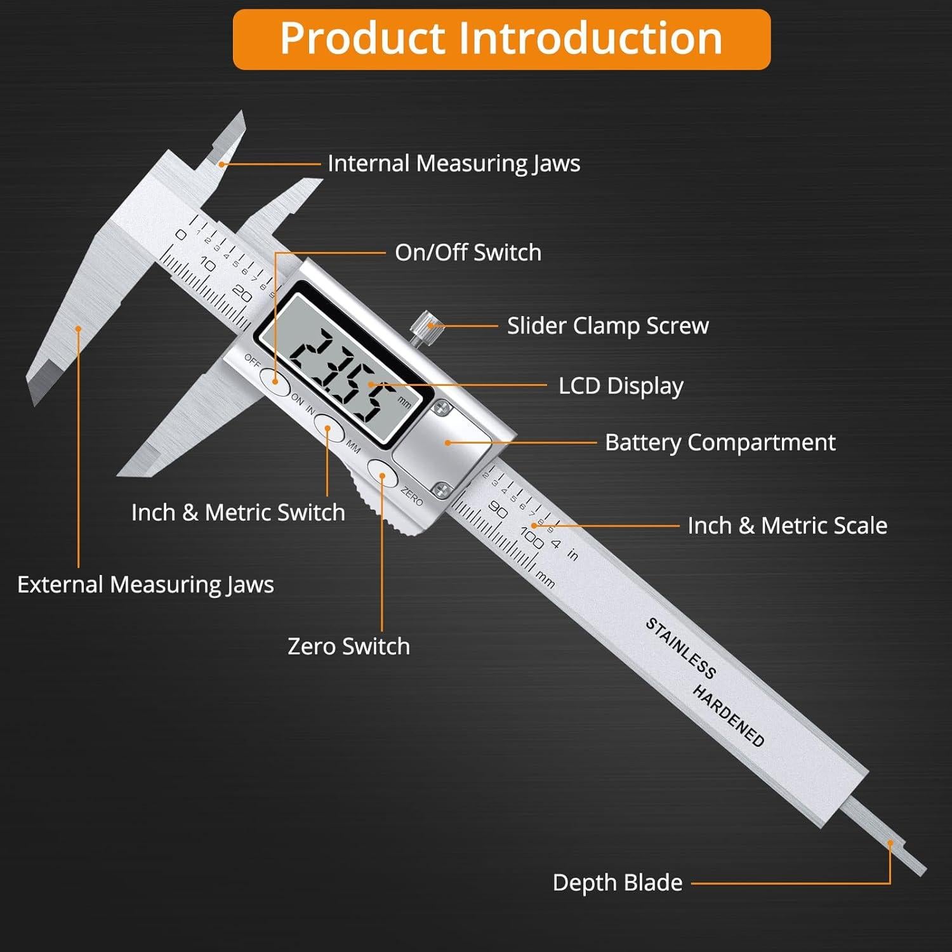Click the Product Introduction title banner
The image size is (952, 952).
pyautogui.click(x=501, y=39)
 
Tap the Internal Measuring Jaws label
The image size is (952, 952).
pyautogui.click(x=454, y=164)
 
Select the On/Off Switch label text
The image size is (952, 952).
pyautogui.click(x=468, y=253)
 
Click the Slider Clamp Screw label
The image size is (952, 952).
pyautogui.click(x=607, y=326)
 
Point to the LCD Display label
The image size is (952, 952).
pyautogui.click(x=621, y=386)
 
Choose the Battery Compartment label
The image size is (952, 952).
pyautogui.click(x=720, y=442)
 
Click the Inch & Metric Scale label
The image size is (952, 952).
pyautogui.click(x=787, y=526)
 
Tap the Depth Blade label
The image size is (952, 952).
pyautogui.click(x=617, y=883)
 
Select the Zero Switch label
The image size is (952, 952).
pyautogui.click(x=348, y=646)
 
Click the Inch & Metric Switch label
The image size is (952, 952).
pyautogui.click(x=238, y=512)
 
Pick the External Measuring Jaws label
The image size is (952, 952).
pyautogui.click(x=145, y=585)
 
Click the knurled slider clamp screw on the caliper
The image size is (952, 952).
pyautogui.click(x=420, y=326)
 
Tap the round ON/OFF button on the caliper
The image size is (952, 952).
pyautogui.click(x=275, y=381)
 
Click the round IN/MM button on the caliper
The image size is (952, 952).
pyautogui.click(x=329, y=428)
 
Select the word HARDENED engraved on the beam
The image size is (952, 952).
pyautogui.click(x=728, y=716)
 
